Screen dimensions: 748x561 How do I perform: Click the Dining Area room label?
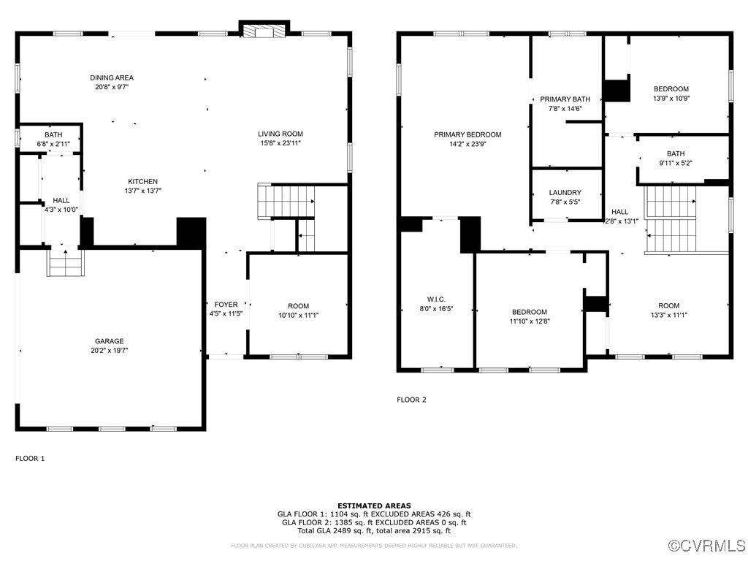[112, 77]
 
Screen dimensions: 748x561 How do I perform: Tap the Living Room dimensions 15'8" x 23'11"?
[280, 142]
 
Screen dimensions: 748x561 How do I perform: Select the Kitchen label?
[142, 181]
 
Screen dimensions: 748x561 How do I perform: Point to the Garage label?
[110, 341]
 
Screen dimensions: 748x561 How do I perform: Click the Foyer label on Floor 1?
[226, 305]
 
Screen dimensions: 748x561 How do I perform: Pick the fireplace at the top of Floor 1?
[264, 29]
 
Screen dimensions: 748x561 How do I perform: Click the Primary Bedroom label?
[467, 134]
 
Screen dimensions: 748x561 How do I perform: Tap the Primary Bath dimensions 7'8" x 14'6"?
[565, 108]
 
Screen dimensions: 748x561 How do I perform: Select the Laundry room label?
[565, 192]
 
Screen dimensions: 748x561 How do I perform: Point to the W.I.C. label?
[436, 299]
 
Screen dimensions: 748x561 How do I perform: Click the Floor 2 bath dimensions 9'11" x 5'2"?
[676, 163]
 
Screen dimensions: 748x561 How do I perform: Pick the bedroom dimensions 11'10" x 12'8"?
[530, 321]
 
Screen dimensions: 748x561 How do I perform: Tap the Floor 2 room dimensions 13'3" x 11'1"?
[669, 315]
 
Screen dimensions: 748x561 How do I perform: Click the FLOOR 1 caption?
[30, 459]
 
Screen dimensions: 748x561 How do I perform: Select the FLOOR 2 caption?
[412, 400]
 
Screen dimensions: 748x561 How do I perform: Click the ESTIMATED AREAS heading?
[374, 505]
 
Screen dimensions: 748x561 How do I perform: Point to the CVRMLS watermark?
[706, 545]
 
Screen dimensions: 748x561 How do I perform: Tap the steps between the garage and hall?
[66, 263]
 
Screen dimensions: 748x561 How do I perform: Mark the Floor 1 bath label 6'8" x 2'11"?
[53, 144]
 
